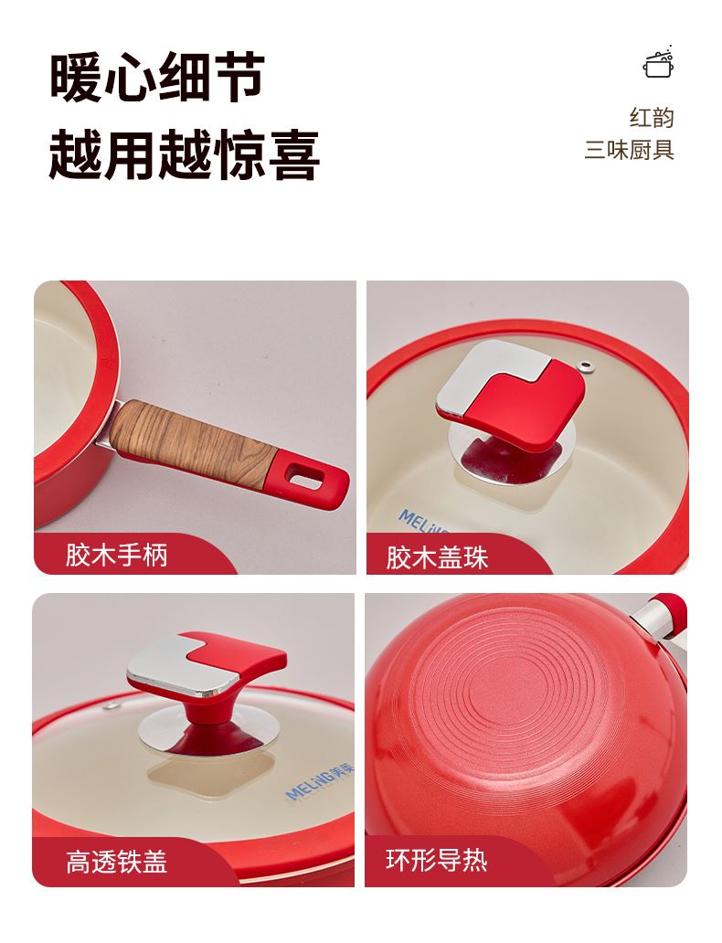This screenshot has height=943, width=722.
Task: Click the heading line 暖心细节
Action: tap(157, 77)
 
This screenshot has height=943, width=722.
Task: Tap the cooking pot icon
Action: tap(659, 62)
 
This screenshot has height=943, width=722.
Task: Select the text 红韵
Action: tap(652, 117)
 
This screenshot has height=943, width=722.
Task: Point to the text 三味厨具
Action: tap(630, 149)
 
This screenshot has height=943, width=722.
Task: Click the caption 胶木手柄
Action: tap(117, 555)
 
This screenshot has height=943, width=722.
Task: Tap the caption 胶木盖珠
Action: tap(437, 557)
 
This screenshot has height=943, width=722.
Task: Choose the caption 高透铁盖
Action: tap(117, 861)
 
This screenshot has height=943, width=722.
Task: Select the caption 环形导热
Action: tap(437, 860)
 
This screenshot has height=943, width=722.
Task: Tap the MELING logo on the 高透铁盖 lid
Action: tap(319, 780)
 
